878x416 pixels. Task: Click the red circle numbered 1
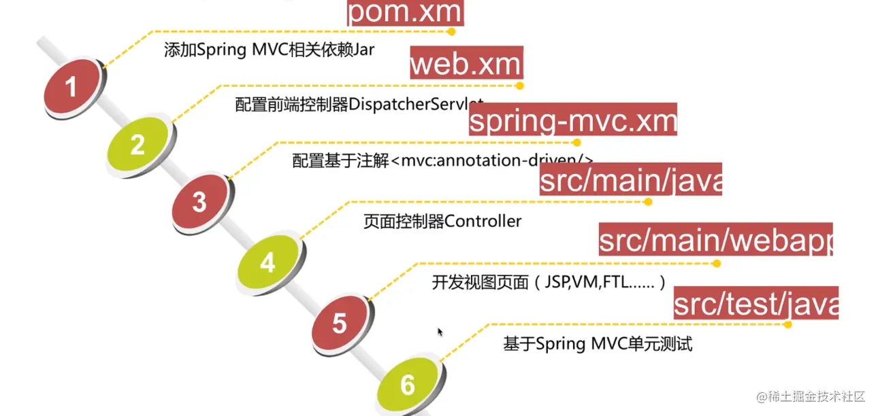click(71, 86)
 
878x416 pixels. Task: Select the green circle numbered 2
click(138, 145)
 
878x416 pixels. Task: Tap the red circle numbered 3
click(199, 203)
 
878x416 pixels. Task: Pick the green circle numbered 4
click(267, 262)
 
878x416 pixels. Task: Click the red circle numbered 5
click(340, 324)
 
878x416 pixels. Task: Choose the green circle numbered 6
click(408, 385)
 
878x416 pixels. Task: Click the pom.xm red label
click(405, 13)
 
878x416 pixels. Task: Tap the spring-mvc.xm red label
click(573, 121)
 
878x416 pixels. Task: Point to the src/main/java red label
click(630, 180)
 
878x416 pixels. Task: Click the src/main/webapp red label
click(715, 241)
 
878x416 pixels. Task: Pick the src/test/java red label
click(755, 304)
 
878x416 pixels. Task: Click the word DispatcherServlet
click(416, 105)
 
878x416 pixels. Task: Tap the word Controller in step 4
click(483, 222)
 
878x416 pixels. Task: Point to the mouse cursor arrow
click(440, 332)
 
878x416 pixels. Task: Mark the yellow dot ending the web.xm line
click(519, 86)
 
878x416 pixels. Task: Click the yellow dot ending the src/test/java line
click(787, 324)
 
